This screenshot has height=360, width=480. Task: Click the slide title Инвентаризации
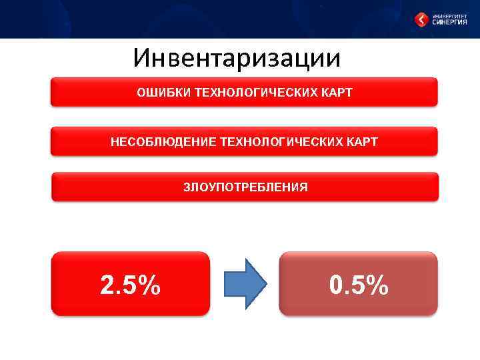[237, 58]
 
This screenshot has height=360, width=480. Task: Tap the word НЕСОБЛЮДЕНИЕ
[154, 142]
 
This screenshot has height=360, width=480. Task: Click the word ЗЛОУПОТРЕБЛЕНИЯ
[245, 187]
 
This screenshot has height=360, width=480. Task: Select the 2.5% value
[130, 285]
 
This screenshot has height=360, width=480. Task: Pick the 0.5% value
[359, 285]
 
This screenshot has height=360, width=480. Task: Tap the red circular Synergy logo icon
[421, 19]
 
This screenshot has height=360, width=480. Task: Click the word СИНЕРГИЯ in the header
[449, 22]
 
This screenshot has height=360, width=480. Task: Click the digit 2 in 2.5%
[107, 285]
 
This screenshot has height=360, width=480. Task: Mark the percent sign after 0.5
[377, 285]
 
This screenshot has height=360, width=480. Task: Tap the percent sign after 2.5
[149, 285]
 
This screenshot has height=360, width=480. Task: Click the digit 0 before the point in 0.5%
[337, 285]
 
